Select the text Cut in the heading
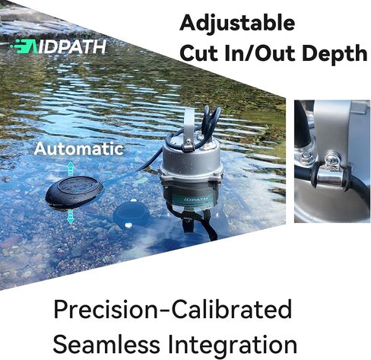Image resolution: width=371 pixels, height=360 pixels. click(x=200, y=53)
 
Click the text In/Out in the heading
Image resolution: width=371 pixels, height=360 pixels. click(x=262, y=53)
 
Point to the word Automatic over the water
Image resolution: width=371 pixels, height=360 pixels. click(x=79, y=148)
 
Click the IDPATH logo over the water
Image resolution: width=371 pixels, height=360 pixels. click(x=59, y=46)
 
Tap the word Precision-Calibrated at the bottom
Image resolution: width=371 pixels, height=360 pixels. click(x=173, y=309)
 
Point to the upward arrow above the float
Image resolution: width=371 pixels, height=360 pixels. click(x=71, y=169)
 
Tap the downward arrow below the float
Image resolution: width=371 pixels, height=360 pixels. click(x=71, y=216)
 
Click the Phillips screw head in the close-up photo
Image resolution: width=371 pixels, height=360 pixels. click(x=332, y=159)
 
